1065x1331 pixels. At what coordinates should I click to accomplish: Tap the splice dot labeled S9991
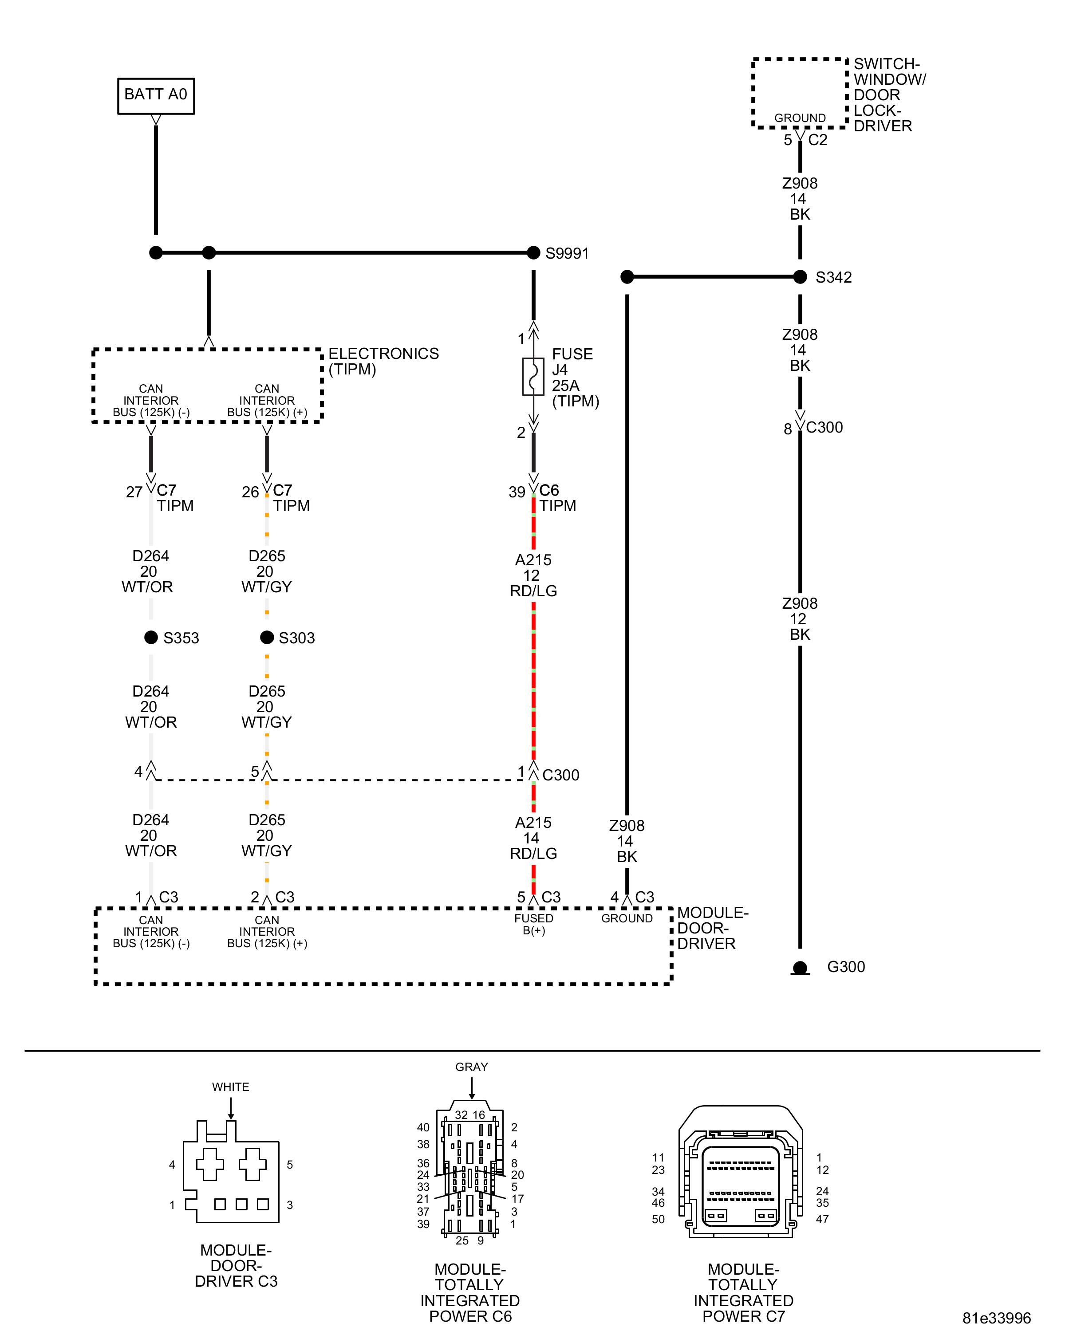533,252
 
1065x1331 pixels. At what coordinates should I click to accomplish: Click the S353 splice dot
150,637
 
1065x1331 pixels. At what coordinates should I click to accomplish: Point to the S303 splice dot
267,637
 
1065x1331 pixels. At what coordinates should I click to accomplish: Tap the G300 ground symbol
800,967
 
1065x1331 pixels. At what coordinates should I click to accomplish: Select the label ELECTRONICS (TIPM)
383,361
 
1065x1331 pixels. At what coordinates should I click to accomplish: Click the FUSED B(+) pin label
533,924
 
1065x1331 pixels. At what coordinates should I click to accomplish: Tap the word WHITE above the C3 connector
230,1087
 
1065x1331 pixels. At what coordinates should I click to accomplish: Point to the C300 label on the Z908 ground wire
824,427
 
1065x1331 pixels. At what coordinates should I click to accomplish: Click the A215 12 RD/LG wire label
533,575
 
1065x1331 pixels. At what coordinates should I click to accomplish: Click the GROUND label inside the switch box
800,118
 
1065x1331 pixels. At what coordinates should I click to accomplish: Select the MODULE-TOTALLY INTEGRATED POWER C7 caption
743,1293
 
